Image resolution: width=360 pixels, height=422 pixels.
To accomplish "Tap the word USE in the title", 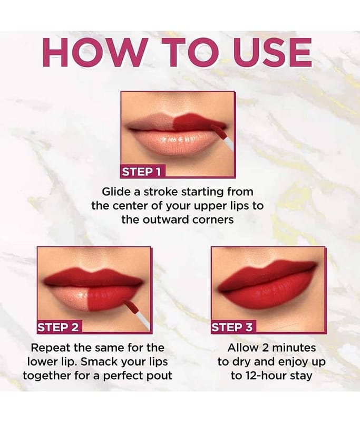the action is click(269, 52).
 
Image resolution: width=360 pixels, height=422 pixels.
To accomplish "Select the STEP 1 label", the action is click(142, 172).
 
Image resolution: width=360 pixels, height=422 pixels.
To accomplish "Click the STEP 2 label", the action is click(59, 327).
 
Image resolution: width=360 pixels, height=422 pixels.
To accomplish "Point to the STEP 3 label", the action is click(232, 327).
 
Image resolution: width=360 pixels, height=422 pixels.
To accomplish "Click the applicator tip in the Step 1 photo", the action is click(218, 131).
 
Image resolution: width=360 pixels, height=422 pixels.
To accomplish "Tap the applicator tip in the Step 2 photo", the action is click(132, 307).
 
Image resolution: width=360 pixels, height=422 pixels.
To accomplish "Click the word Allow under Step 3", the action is click(243, 348).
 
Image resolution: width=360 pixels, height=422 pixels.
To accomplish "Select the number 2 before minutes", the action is click(266, 348).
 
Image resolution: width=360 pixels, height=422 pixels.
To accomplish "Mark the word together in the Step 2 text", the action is click(47, 376).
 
